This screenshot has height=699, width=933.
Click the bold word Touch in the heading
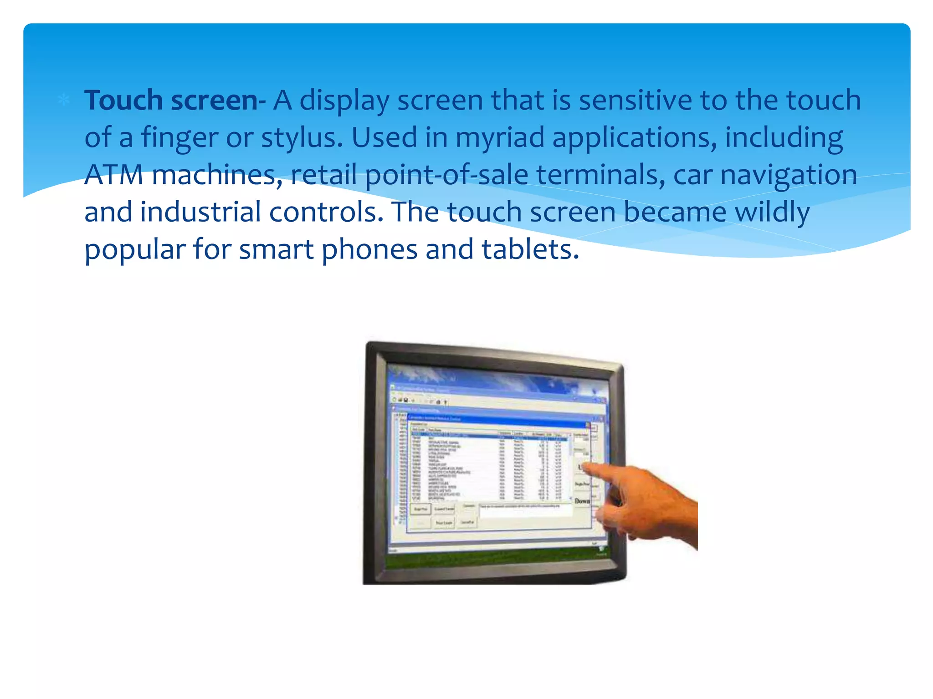click(x=123, y=100)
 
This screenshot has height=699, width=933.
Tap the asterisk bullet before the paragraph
click(x=64, y=100)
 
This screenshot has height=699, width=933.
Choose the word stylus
click(x=301, y=137)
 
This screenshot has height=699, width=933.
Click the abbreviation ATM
click(x=114, y=175)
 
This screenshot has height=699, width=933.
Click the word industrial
click(x=200, y=213)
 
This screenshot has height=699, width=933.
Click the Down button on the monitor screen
click(x=582, y=501)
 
